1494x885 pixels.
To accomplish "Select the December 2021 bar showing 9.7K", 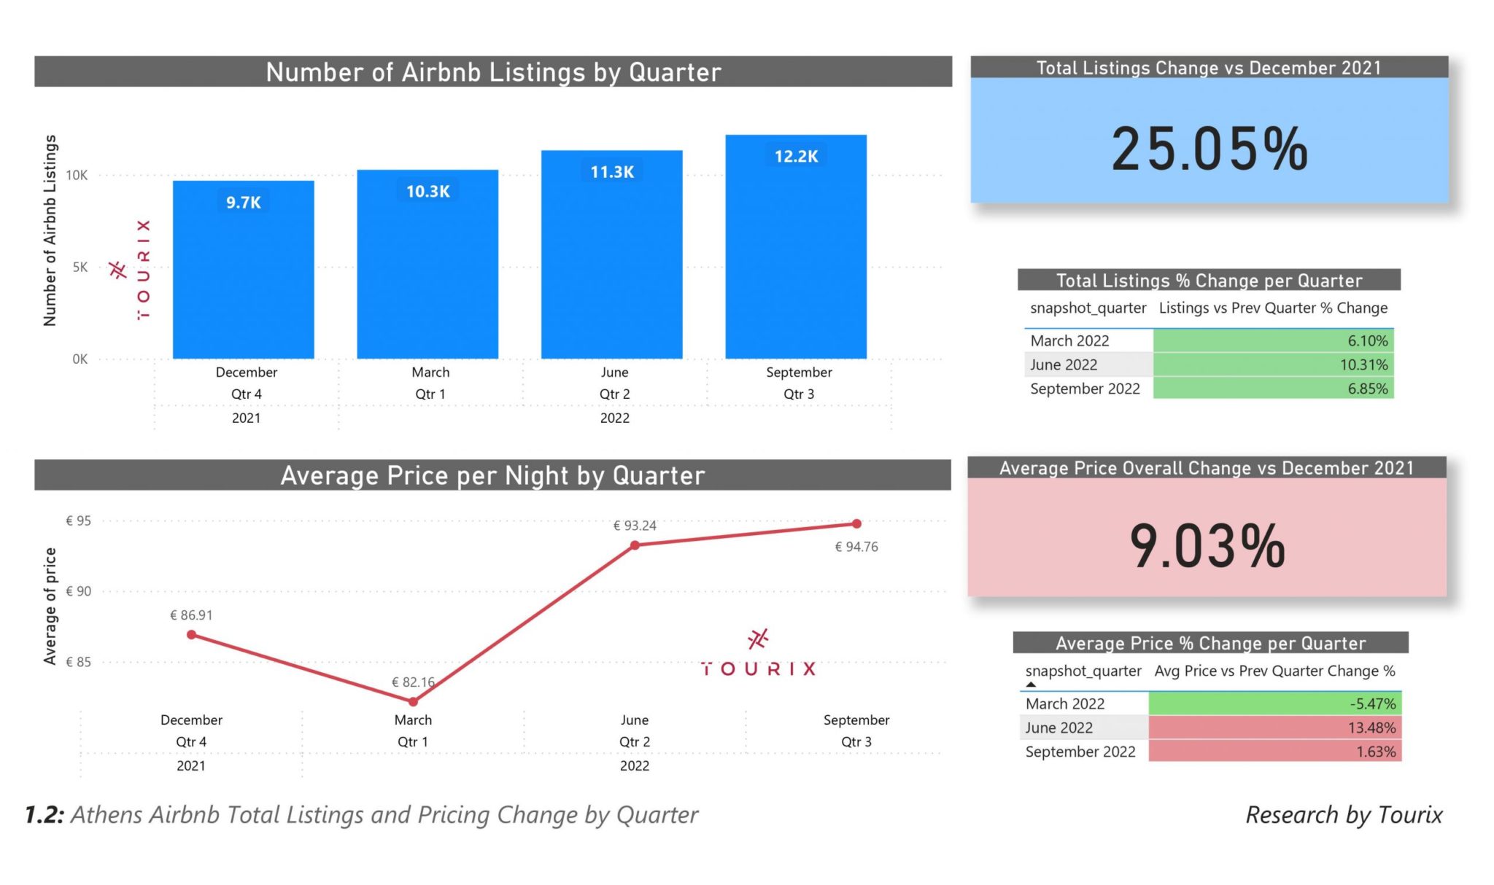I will point(243,277).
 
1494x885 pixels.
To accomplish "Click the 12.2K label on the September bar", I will point(796,157).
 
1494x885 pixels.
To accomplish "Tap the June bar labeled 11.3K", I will point(611,262).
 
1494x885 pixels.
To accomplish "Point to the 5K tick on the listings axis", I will point(80,268).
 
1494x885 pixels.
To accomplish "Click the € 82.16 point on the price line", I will point(413,701).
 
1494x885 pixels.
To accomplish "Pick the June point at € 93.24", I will point(635,545).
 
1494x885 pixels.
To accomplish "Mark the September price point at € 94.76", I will point(856,523).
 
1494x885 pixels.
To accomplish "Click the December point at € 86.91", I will point(191,635).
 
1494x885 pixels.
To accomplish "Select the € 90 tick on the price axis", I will point(78,591).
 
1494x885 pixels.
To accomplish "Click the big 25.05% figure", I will point(1209,149).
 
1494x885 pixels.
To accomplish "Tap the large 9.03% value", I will point(1207,546).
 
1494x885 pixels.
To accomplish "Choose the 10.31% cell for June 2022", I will point(1273,364).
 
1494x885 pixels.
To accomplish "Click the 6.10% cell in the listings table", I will point(1273,340).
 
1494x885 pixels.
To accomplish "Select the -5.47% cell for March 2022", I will point(1274,703).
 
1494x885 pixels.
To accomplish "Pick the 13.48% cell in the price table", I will point(1274,728).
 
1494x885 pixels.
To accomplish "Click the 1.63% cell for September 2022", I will point(1274,752).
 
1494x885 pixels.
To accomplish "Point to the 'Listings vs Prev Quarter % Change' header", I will point(1273,308).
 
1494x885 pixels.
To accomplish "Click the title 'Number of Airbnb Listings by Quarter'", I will point(493,72).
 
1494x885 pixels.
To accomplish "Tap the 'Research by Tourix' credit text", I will point(1344,815).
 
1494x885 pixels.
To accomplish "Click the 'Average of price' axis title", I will point(50,606).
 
